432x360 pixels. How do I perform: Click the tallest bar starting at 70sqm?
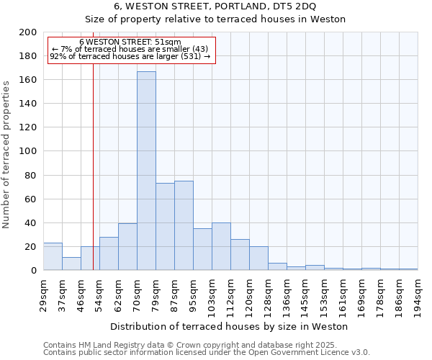pos(146,171)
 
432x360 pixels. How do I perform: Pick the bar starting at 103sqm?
pos(221,246)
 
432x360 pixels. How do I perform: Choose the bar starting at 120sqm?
pos(258,258)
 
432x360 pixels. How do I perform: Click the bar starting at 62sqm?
pos(127,246)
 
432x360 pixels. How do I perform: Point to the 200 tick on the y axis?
pos(29,32)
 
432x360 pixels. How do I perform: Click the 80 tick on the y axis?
pos(32,175)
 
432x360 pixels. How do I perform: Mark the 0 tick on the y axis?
pos(34,270)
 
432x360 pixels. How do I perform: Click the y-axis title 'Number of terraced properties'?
pos(6,154)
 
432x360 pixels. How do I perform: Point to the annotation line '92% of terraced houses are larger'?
pos(130,55)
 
